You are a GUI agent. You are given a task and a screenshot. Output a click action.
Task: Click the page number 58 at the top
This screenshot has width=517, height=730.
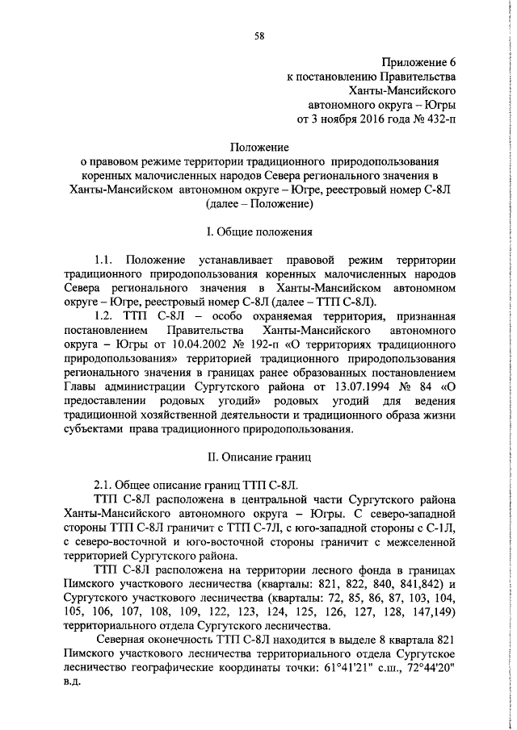[x=258, y=35]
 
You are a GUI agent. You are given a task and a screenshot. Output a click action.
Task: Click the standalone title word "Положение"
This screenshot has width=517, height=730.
[x=259, y=148]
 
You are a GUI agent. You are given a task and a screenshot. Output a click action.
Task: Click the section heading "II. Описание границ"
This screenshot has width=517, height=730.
[x=258, y=457]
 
